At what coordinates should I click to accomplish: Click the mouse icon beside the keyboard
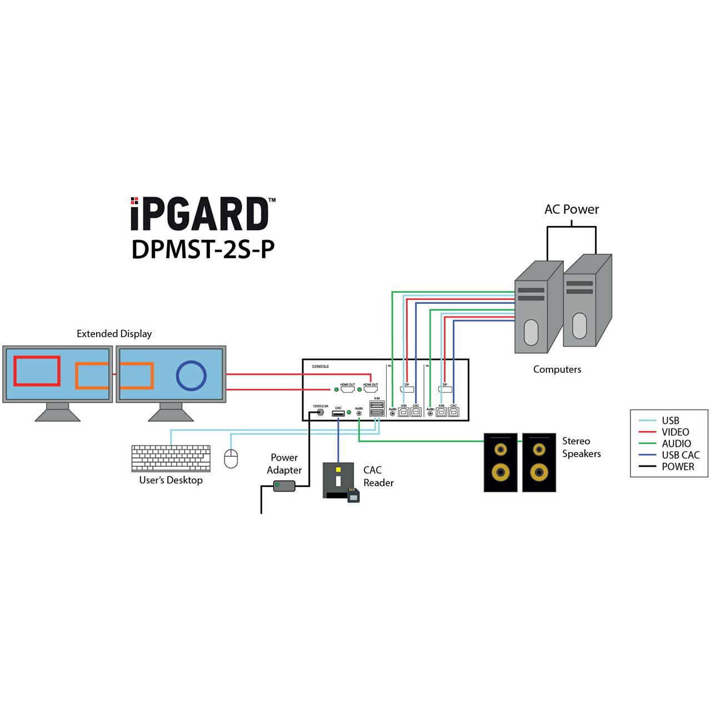(x=231, y=458)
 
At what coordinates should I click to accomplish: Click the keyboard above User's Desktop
(x=171, y=458)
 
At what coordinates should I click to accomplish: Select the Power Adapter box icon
(x=284, y=486)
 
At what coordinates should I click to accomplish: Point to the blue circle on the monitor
(x=191, y=375)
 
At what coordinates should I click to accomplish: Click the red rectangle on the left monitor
(x=37, y=371)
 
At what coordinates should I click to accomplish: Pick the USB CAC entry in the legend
(x=680, y=455)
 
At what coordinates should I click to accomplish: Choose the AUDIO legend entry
(x=676, y=443)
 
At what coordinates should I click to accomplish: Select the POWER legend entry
(x=677, y=467)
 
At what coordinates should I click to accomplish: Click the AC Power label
(x=572, y=209)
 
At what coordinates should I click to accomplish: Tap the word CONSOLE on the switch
(x=321, y=367)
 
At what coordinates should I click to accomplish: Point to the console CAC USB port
(x=338, y=413)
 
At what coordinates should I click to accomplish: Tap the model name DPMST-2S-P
(x=203, y=249)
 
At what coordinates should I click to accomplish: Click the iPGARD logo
(x=200, y=214)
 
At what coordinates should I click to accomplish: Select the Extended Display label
(x=114, y=334)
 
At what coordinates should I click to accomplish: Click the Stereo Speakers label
(x=581, y=447)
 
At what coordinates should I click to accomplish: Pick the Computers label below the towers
(x=557, y=369)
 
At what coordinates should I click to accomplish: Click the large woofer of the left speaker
(x=500, y=473)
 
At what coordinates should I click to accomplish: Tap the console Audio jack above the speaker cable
(x=359, y=414)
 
